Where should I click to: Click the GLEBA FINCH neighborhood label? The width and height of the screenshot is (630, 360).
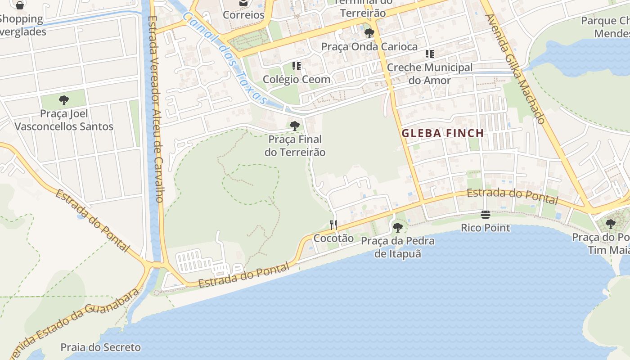tap(442, 133)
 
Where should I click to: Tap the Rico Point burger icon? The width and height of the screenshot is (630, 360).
tap(485, 215)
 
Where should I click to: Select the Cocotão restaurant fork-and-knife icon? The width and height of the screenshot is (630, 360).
tap(333, 225)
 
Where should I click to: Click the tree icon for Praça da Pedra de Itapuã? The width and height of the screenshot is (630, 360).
tap(398, 227)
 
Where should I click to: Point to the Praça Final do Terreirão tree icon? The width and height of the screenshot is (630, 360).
tap(295, 126)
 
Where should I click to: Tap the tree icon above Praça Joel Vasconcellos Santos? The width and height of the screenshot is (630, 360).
tap(64, 100)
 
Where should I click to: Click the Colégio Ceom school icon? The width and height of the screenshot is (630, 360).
tap(297, 66)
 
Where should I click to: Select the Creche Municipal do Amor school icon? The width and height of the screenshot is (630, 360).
tap(430, 54)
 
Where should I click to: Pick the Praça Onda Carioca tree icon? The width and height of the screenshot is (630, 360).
tap(369, 33)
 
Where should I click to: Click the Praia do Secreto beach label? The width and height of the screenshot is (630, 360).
tap(100, 347)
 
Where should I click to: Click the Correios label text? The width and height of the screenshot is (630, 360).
tap(243, 15)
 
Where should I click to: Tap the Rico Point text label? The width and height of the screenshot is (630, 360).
tap(485, 228)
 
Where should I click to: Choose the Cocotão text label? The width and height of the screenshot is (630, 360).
tap(333, 238)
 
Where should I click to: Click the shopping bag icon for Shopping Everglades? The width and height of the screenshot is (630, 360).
tap(19, 5)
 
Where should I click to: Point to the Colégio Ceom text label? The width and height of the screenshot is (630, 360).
tap(297, 80)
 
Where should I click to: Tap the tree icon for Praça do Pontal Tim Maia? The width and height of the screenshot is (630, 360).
tap(610, 224)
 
